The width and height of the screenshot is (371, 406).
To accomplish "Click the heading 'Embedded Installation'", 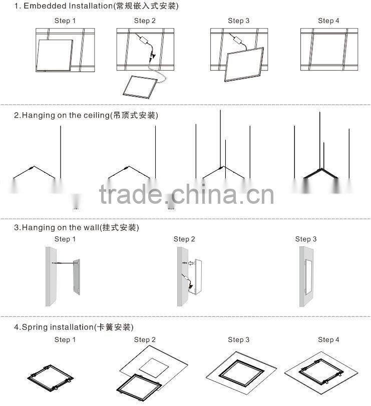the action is [x=68, y=6].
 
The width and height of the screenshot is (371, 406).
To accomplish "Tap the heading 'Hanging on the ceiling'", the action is [x=66, y=115].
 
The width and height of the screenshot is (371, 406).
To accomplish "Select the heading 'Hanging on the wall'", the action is [x=61, y=228].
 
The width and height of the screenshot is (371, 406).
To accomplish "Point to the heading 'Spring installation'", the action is [x=58, y=327].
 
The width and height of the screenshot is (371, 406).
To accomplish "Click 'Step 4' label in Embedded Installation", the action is [x=328, y=21].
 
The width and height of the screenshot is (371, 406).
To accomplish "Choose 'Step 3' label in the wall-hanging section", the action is [x=306, y=239].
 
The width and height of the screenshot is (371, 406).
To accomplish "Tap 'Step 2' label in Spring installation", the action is [x=145, y=339].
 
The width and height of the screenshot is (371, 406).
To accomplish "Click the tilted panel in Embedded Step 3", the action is [x=245, y=65].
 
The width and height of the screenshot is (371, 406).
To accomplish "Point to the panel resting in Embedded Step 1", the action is [x=55, y=56].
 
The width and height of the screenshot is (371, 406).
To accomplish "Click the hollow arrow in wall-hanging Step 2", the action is [x=191, y=263].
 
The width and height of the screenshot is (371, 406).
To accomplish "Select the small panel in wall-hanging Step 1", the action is [x=77, y=277].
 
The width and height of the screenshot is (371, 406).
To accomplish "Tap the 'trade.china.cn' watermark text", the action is [x=186, y=194].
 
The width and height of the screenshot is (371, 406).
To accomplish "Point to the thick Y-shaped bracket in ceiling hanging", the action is [x=321, y=173].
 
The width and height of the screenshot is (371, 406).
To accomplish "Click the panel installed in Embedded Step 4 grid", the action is [x=329, y=49].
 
